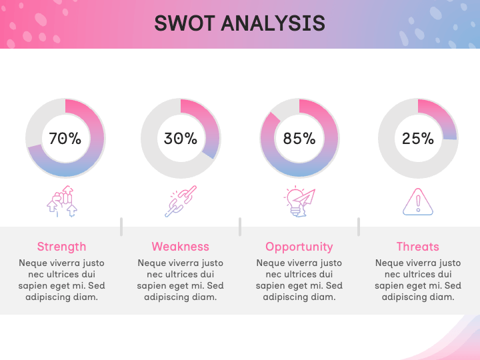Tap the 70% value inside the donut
pyautogui.click(x=65, y=139)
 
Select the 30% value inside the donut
pyautogui.click(x=181, y=139)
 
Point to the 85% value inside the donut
pyautogui.click(x=299, y=139)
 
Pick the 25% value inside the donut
pyautogui.click(x=418, y=139)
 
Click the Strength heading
pyautogui.click(x=61, y=247)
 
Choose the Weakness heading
pyautogui.click(x=181, y=247)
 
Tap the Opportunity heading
pyautogui.click(x=299, y=247)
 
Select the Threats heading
pyautogui.click(x=418, y=247)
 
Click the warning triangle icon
pyautogui.click(x=418, y=202)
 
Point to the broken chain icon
pyautogui.click(x=181, y=202)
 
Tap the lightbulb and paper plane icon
pyautogui.click(x=299, y=202)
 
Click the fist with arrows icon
pyautogui.click(x=61, y=202)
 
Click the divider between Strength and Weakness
pyautogui.click(x=121, y=227)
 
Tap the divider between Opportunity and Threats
pyautogui.click(x=359, y=227)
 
